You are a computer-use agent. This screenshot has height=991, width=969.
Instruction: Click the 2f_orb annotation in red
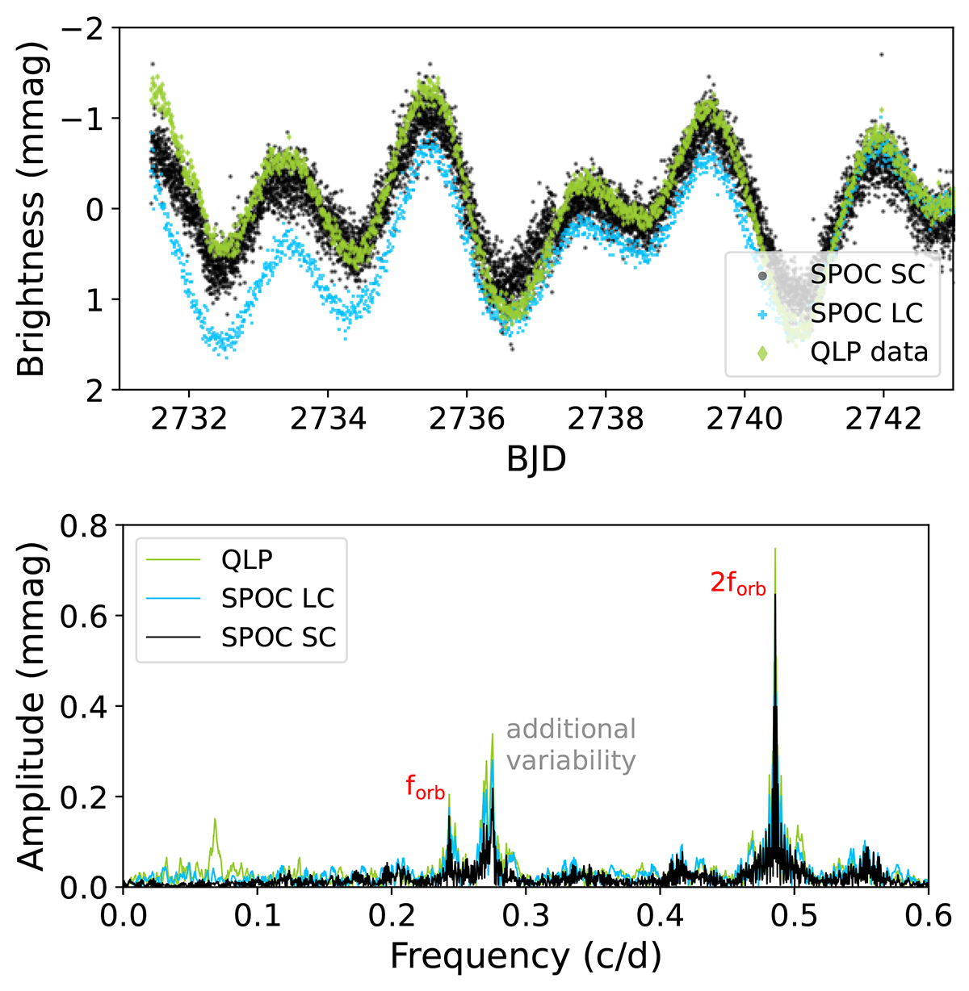click(737, 584)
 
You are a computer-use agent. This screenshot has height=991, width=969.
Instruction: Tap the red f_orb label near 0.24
click(426, 788)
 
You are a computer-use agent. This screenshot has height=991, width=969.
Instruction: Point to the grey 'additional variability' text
click(571, 744)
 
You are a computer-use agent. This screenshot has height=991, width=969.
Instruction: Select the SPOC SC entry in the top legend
click(867, 274)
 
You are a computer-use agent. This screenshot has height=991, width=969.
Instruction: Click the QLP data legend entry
click(869, 352)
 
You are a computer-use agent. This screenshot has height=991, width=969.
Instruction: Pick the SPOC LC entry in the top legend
click(866, 313)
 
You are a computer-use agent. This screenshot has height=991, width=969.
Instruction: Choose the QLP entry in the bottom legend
click(248, 559)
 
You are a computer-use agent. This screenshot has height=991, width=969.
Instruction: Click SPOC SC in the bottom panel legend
click(279, 638)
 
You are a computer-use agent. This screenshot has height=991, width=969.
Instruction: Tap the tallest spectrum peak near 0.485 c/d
click(775, 550)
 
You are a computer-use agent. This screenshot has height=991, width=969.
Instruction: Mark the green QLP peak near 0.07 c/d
click(215, 820)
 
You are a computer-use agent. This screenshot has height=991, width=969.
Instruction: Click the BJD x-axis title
click(536, 459)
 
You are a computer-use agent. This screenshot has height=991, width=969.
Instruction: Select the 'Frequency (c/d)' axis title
click(526, 956)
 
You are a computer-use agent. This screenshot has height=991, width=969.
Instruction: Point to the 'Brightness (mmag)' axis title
click(32, 208)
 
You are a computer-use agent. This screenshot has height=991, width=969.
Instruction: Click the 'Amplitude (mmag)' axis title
click(32, 706)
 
